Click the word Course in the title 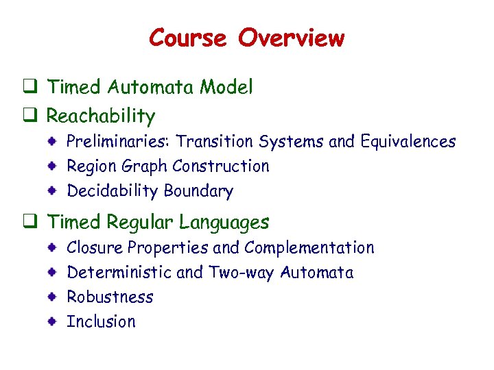click(x=187, y=38)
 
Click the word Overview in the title click(x=291, y=38)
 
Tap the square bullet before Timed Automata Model click(x=30, y=87)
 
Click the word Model click(x=226, y=87)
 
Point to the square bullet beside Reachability click(x=30, y=116)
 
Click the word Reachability click(x=101, y=116)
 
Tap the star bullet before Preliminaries click(x=52, y=142)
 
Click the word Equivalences click(x=406, y=142)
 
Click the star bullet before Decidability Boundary click(x=52, y=191)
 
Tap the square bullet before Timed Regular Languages click(x=30, y=222)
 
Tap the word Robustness click(x=110, y=297)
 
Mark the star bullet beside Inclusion click(x=52, y=321)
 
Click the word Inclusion click(x=101, y=321)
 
